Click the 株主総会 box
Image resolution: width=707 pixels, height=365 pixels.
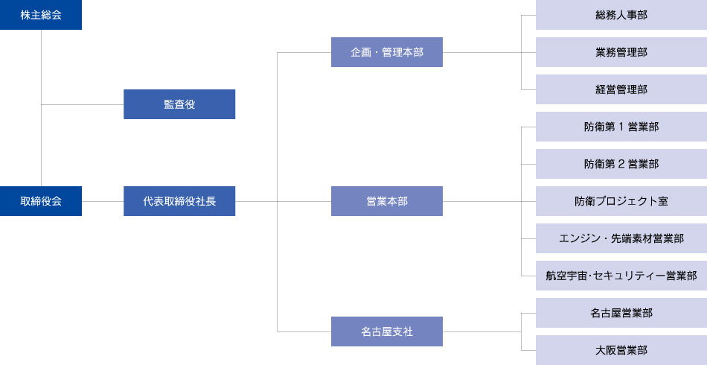tap(41, 15)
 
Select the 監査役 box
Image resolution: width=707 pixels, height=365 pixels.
tap(179, 104)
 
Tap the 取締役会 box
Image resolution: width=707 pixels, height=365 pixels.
tap(41, 201)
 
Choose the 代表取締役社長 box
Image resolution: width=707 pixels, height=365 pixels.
tap(179, 201)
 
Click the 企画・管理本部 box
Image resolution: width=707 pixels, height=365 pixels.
tap(387, 52)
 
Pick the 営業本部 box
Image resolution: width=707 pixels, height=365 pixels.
tap(387, 201)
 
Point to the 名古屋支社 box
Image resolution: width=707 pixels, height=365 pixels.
tap(387, 331)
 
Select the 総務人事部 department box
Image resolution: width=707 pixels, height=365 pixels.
tap(621, 15)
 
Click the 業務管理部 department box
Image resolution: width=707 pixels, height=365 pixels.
tap(621, 52)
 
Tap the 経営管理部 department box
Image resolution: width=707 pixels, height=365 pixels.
tap(621, 89)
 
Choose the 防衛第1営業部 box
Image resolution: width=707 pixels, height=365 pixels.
tap(621, 127)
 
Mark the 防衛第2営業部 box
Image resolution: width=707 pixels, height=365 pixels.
tap(621, 164)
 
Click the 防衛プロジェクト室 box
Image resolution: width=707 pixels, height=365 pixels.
tap(621, 201)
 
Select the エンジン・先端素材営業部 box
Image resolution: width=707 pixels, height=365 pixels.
tap(621, 238)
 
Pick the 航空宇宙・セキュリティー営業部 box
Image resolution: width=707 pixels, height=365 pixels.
tap(621, 276)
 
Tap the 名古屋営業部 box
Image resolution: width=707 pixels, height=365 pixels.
tap(621, 313)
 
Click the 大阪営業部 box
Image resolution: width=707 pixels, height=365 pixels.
tap(621, 350)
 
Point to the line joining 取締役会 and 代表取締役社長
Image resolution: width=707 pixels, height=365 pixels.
tap(103, 201)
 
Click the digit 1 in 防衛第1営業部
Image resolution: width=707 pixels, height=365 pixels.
tap(621, 127)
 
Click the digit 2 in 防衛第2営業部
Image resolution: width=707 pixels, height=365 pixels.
tap(621, 164)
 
